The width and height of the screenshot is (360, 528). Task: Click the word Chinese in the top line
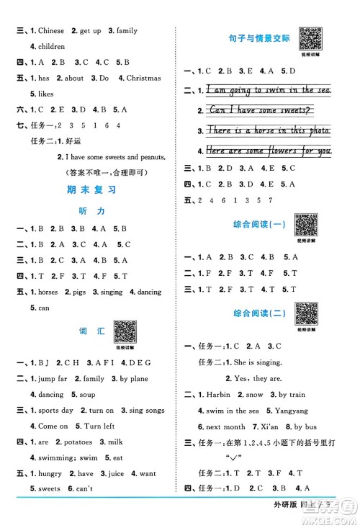[51, 31]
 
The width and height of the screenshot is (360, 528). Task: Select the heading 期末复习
[91, 190]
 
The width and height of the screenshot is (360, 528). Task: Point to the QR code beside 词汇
[125, 331]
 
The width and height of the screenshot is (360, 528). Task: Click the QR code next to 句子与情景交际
[310, 39]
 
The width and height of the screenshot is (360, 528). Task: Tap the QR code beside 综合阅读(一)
[307, 225]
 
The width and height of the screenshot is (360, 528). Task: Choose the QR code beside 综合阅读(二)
[307, 313]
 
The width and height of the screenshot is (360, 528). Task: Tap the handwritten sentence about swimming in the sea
[269, 90]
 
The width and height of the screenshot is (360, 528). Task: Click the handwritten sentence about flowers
[269, 151]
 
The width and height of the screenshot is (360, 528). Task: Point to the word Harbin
[216, 395]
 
